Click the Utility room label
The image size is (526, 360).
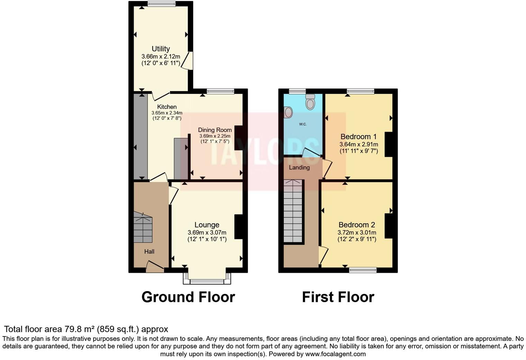click(x=161, y=49)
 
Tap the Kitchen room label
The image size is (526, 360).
click(x=167, y=107)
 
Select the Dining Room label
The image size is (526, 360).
click(x=215, y=130)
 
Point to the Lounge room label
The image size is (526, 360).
click(x=207, y=225)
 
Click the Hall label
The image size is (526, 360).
click(x=149, y=252)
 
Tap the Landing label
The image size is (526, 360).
click(x=299, y=168)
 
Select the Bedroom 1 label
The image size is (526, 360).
click(x=358, y=137)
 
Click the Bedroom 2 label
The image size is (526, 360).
click(x=356, y=225)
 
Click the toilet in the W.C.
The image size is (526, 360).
click(x=310, y=101)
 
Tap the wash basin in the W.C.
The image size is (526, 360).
click(x=288, y=112)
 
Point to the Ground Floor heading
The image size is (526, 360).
click(x=188, y=297)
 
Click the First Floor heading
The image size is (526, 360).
click(x=338, y=297)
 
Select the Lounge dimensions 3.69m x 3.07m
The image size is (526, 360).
click(x=207, y=233)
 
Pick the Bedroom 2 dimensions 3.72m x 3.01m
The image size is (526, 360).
click(x=357, y=233)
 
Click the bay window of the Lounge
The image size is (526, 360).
click(x=207, y=281)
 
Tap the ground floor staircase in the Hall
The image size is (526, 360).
click(x=143, y=228)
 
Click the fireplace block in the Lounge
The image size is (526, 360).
click(x=238, y=227)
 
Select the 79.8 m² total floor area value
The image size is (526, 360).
click(x=80, y=329)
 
